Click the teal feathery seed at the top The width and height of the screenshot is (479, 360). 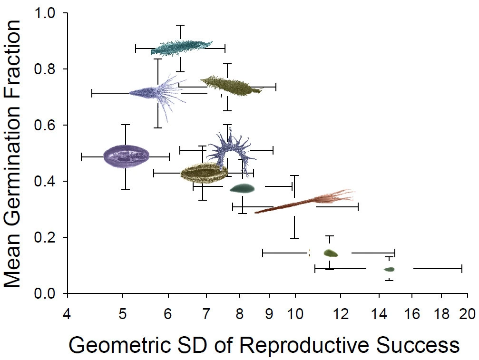[x=181, y=47]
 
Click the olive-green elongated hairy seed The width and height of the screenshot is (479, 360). [x=231, y=85]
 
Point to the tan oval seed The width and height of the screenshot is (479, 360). [x=204, y=173]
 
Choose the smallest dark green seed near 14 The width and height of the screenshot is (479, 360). [x=389, y=269]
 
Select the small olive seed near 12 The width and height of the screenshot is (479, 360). [x=331, y=253]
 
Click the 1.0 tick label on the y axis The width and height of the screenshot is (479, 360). [x=46, y=13]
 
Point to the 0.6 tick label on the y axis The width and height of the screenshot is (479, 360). [x=46, y=126]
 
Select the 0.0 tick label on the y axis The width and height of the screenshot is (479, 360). [x=46, y=293]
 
